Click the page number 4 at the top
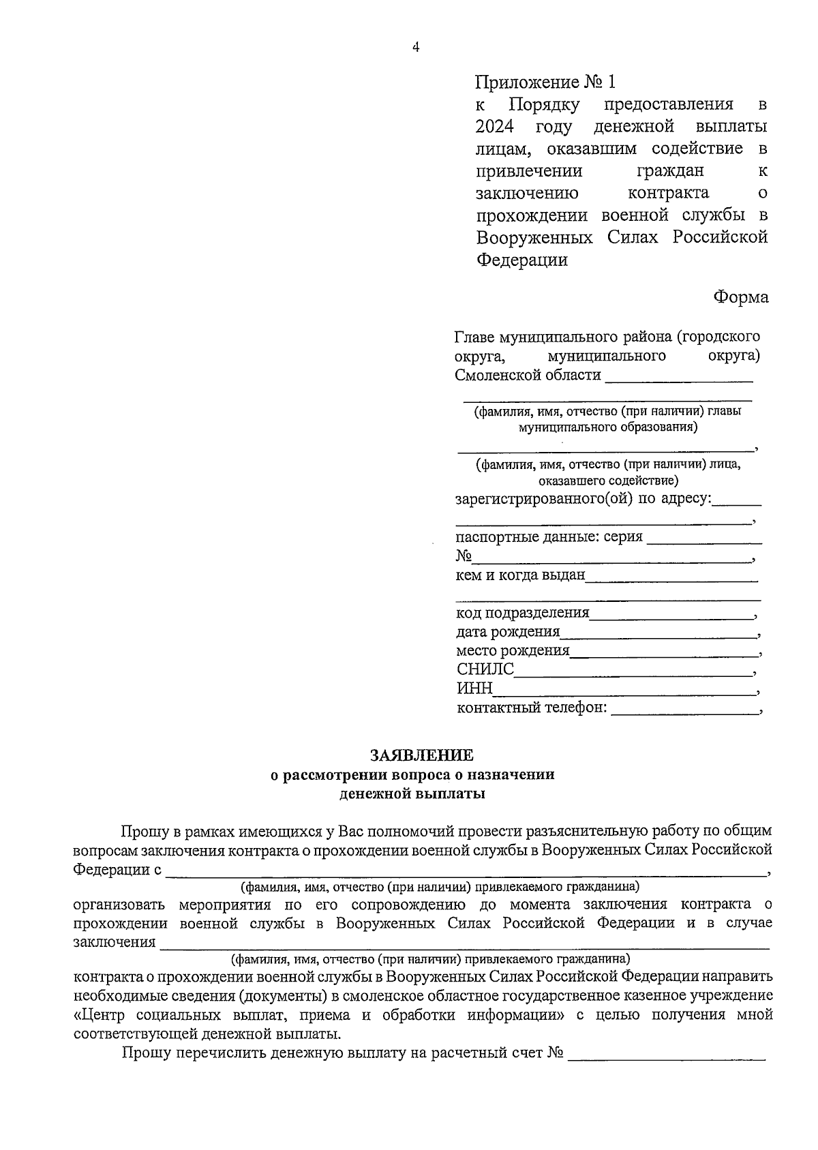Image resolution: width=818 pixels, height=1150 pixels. coord(415,47)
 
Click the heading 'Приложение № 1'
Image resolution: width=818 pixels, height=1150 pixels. coord(545,82)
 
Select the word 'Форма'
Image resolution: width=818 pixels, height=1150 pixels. coord(741,297)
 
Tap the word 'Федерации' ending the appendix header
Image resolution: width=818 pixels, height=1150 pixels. coord(521,260)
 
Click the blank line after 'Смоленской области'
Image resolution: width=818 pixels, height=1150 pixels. coord(678,377)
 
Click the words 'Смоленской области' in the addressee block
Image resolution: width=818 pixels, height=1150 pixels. coord(528,375)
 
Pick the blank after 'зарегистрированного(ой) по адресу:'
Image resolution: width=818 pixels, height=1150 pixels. coord(736,502)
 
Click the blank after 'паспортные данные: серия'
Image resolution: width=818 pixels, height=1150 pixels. coord(703,539)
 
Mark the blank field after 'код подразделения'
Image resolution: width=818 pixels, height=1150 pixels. coord(671,615)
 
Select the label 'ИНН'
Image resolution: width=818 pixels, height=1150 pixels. coord(474,689)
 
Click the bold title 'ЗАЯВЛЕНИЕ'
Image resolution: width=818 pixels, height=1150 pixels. coord(421,755)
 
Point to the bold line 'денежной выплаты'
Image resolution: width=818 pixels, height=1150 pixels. coord(413,793)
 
